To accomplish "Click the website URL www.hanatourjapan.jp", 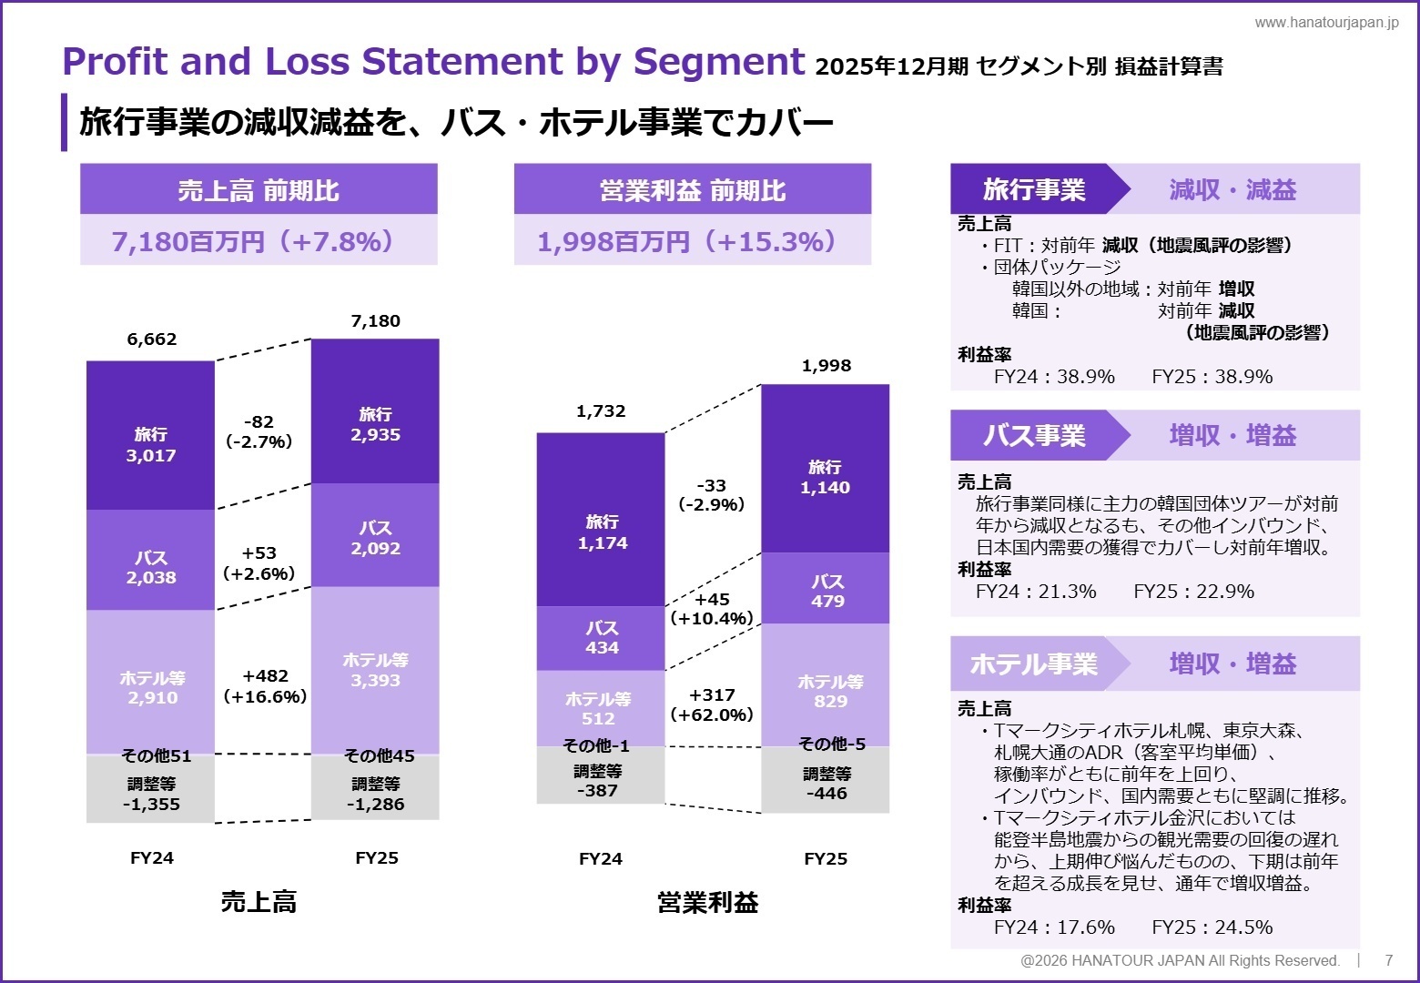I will [x=1325, y=23].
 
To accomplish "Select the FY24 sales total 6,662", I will [x=152, y=339].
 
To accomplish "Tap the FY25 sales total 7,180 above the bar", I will [x=375, y=321].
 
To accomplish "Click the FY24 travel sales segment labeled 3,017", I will [x=151, y=445].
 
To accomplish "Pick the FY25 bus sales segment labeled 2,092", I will [x=375, y=538].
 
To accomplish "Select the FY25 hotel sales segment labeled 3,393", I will [x=375, y=671].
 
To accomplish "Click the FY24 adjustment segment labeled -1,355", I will [x=151, y=795].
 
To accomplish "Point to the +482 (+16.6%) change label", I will [x=265, y=686].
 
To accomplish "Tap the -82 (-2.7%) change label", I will [x=259, y=432].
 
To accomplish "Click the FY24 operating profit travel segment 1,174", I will [x=602, y=532].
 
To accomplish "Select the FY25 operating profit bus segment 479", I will [x=827, y=591].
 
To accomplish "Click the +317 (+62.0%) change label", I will [x=712, y=705].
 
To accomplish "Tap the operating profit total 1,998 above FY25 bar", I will [x=826, y=366].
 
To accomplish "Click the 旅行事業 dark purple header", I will [x=1033, y=189].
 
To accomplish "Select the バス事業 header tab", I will [x=1033, y=435].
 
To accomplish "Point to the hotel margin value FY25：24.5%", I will [x=1212, y=927].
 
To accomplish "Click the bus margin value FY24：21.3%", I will [x=1036, y=592].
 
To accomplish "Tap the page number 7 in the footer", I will [x=1388, y=960].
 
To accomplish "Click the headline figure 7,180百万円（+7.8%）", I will [x=258, y=241].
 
